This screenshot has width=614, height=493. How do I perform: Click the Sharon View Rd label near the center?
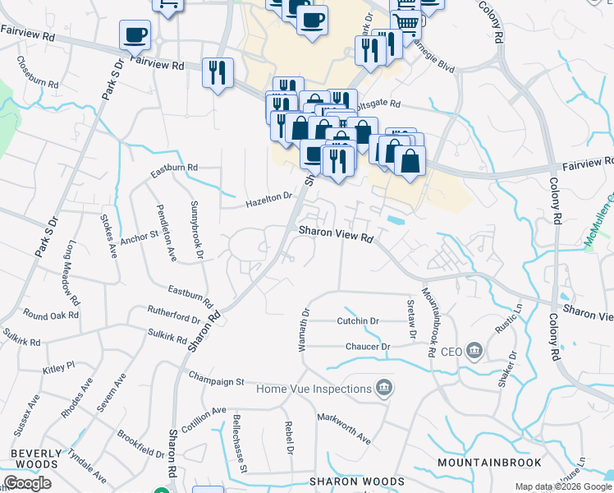coord(335,235)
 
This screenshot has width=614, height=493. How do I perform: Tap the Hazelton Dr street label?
coord(269,198)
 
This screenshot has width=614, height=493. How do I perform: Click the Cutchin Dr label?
coord(358,321)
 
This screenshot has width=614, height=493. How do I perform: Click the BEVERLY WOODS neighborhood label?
coord(36,458)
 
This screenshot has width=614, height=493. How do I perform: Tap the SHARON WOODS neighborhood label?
coord(346,481)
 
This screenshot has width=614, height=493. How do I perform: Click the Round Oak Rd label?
coord(51,315)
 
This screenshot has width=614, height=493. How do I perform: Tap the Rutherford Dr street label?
coord(173,314)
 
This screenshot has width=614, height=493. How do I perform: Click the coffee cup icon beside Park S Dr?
coord(135,35)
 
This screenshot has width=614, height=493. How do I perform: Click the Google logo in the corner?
coord(27,483)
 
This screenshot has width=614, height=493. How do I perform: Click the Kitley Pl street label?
coord(59,366)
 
